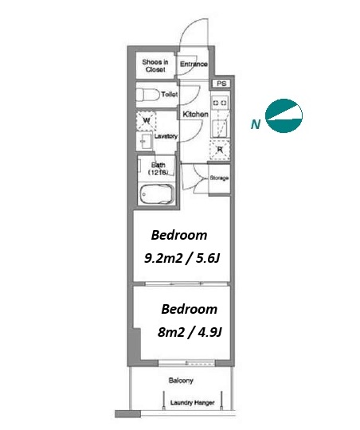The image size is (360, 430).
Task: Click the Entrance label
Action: pyautogui.click(x=194, y=64)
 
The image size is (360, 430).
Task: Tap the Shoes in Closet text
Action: pyautogui.click(x=155, y=66)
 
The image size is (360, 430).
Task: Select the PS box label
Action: pyautogui.click(x=221, y=84)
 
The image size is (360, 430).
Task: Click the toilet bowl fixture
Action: pyautogui.click(x=148, y=95)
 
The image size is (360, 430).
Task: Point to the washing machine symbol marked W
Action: pyautogui.click(x=147, y=121)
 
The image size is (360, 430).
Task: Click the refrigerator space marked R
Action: pyautogui.click(x=220, y=150)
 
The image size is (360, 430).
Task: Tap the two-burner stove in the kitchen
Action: pyautogui.click(x=220, y=103)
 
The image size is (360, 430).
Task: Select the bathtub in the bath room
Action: pyautogui.click(x=157, y=193)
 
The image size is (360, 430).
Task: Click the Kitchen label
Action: pyautogui.click(x=195, y=114)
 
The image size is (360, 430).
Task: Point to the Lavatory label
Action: pyautogui.click(x=166, y=136)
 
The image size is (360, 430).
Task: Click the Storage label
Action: pyautogui.click(x=219, y=178)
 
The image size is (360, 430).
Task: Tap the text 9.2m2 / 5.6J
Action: pyautogui.click(x=182, y=258)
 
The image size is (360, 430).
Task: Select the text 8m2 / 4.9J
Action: pyautogui.click(x=190, y=332)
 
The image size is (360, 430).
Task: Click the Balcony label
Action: pyautogui.click(x=181, y=381)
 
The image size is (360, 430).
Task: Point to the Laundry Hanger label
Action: pyautogui.click(x=193, y=403)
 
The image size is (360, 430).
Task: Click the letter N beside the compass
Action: pyautogui.click(x=256, y=124)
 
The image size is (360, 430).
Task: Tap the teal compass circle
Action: pyautogui.click(x=284, y=116)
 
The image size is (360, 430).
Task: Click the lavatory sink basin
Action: pyautogui.click(x=144, y=141)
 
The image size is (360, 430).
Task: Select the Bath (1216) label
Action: pyautogui.click(x=158, y=169)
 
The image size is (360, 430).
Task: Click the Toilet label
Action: pyautogui.click(x=170, y=94)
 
